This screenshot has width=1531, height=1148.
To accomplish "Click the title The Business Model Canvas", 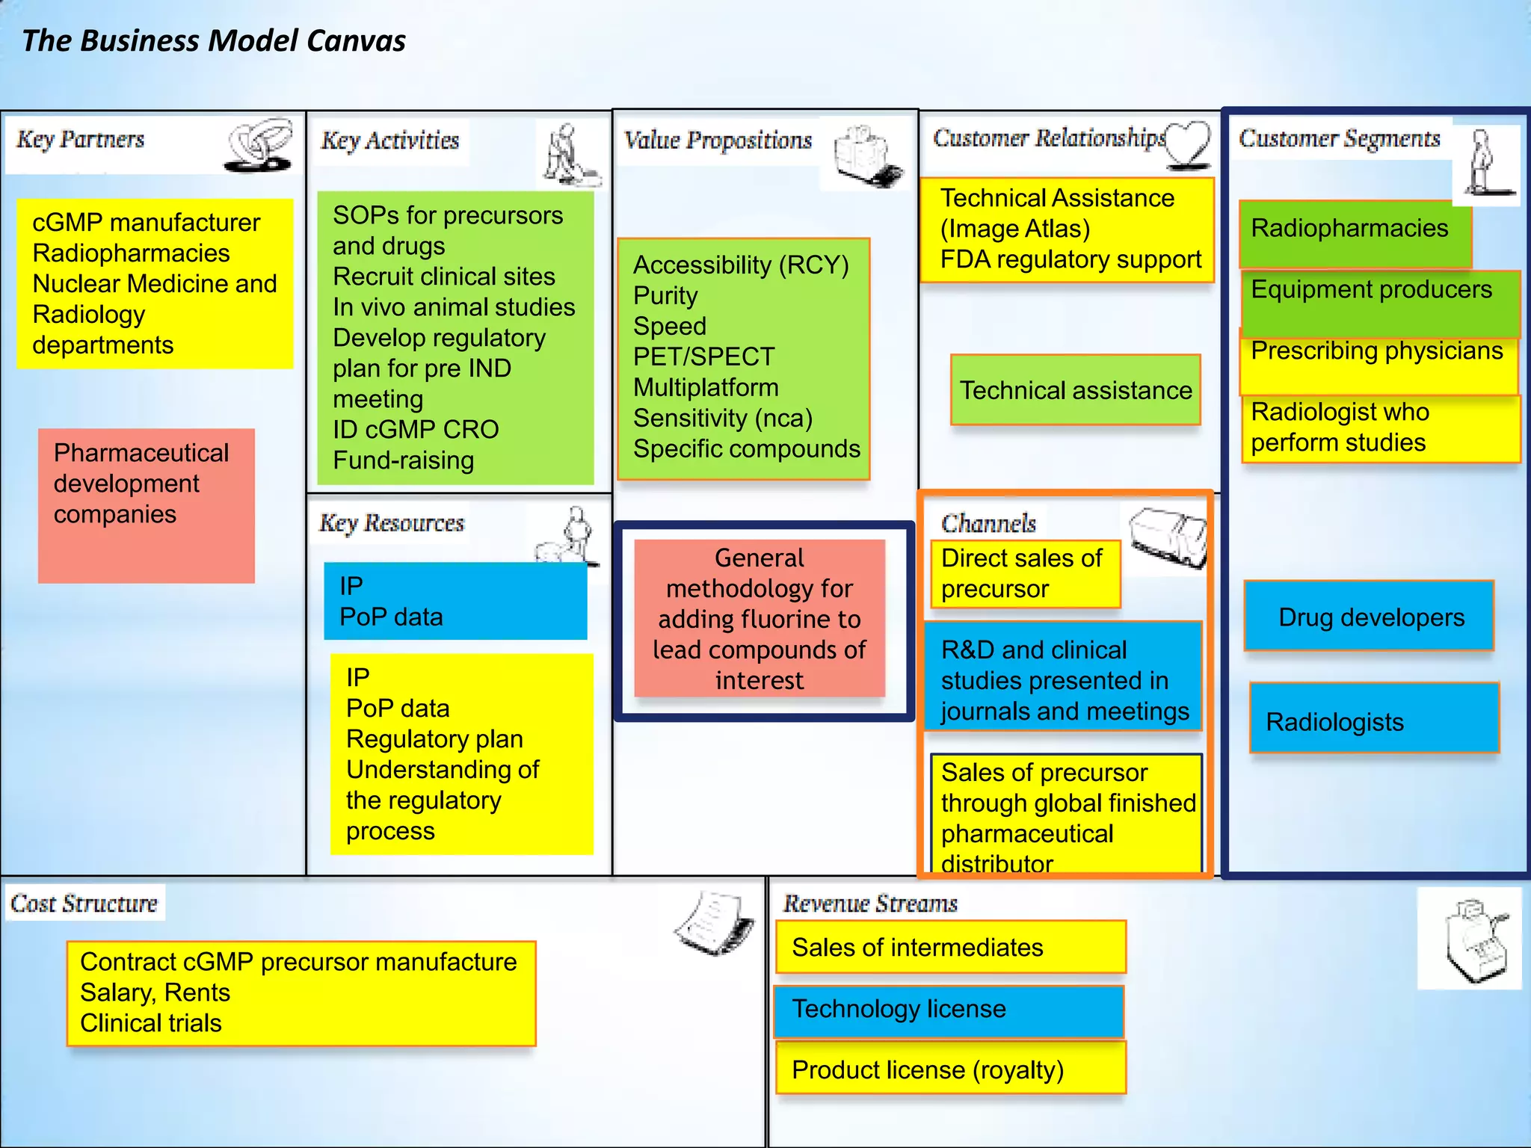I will point(214,40).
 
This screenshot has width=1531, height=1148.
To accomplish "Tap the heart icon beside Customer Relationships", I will point(1189,143).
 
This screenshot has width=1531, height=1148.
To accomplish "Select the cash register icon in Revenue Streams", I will point(1468,939).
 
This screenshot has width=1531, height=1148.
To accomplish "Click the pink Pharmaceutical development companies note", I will point(146,504).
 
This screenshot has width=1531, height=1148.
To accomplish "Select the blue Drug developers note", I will point(1369,617).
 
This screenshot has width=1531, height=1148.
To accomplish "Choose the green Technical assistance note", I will point(1075,390).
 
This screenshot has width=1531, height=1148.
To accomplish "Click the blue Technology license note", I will point(948,1010).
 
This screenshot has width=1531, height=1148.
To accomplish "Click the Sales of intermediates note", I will point(949,948).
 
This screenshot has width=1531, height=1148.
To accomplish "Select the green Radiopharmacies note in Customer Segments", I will point(1353,230).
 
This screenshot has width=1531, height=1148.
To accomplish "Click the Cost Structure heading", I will point(84,904).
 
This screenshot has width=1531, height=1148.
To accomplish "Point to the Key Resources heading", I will point(392,523).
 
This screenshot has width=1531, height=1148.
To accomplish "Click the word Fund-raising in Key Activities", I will point(403,460).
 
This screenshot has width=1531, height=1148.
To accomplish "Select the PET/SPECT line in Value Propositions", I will point(703,357).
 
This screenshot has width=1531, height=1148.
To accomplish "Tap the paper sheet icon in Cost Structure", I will point(714,924).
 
